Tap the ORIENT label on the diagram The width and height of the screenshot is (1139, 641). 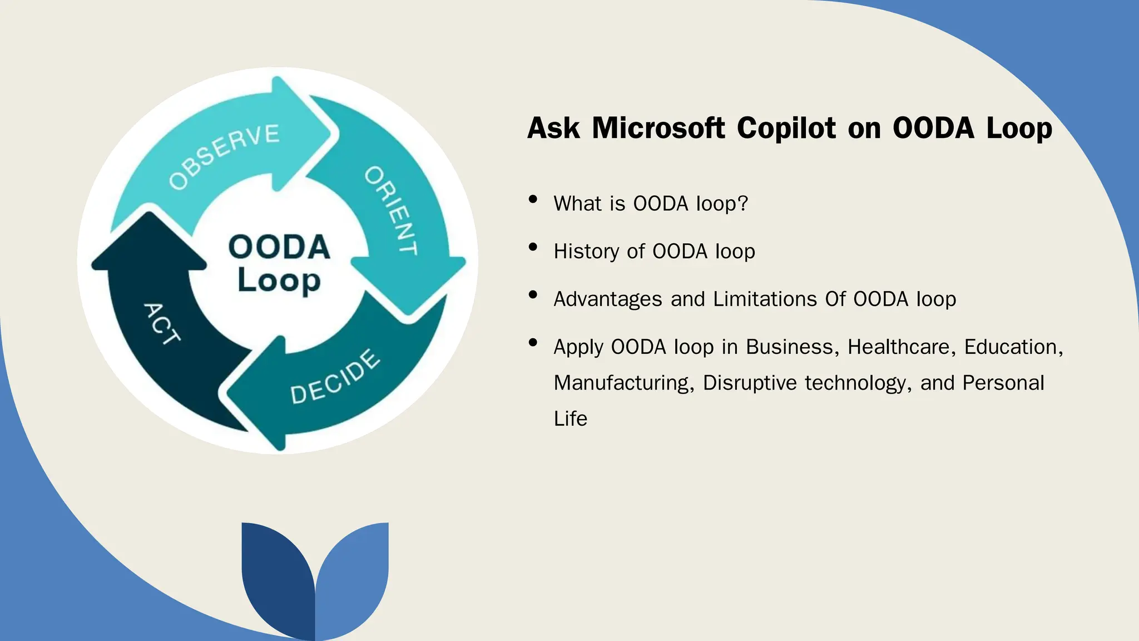point(391,210)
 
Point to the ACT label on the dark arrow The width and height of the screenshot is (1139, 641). point(162,323)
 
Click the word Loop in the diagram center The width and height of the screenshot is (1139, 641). point(279,280)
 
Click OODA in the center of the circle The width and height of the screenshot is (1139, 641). point(279,247)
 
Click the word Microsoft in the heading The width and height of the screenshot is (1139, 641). point(658,128)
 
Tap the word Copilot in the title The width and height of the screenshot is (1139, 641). point(786,128)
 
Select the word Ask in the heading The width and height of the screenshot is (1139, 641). point(553,128)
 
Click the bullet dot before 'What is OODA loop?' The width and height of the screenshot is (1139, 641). point(533,199)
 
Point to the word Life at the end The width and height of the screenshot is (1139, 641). point(570,418)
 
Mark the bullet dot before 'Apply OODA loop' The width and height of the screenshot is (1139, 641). point(533,343)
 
